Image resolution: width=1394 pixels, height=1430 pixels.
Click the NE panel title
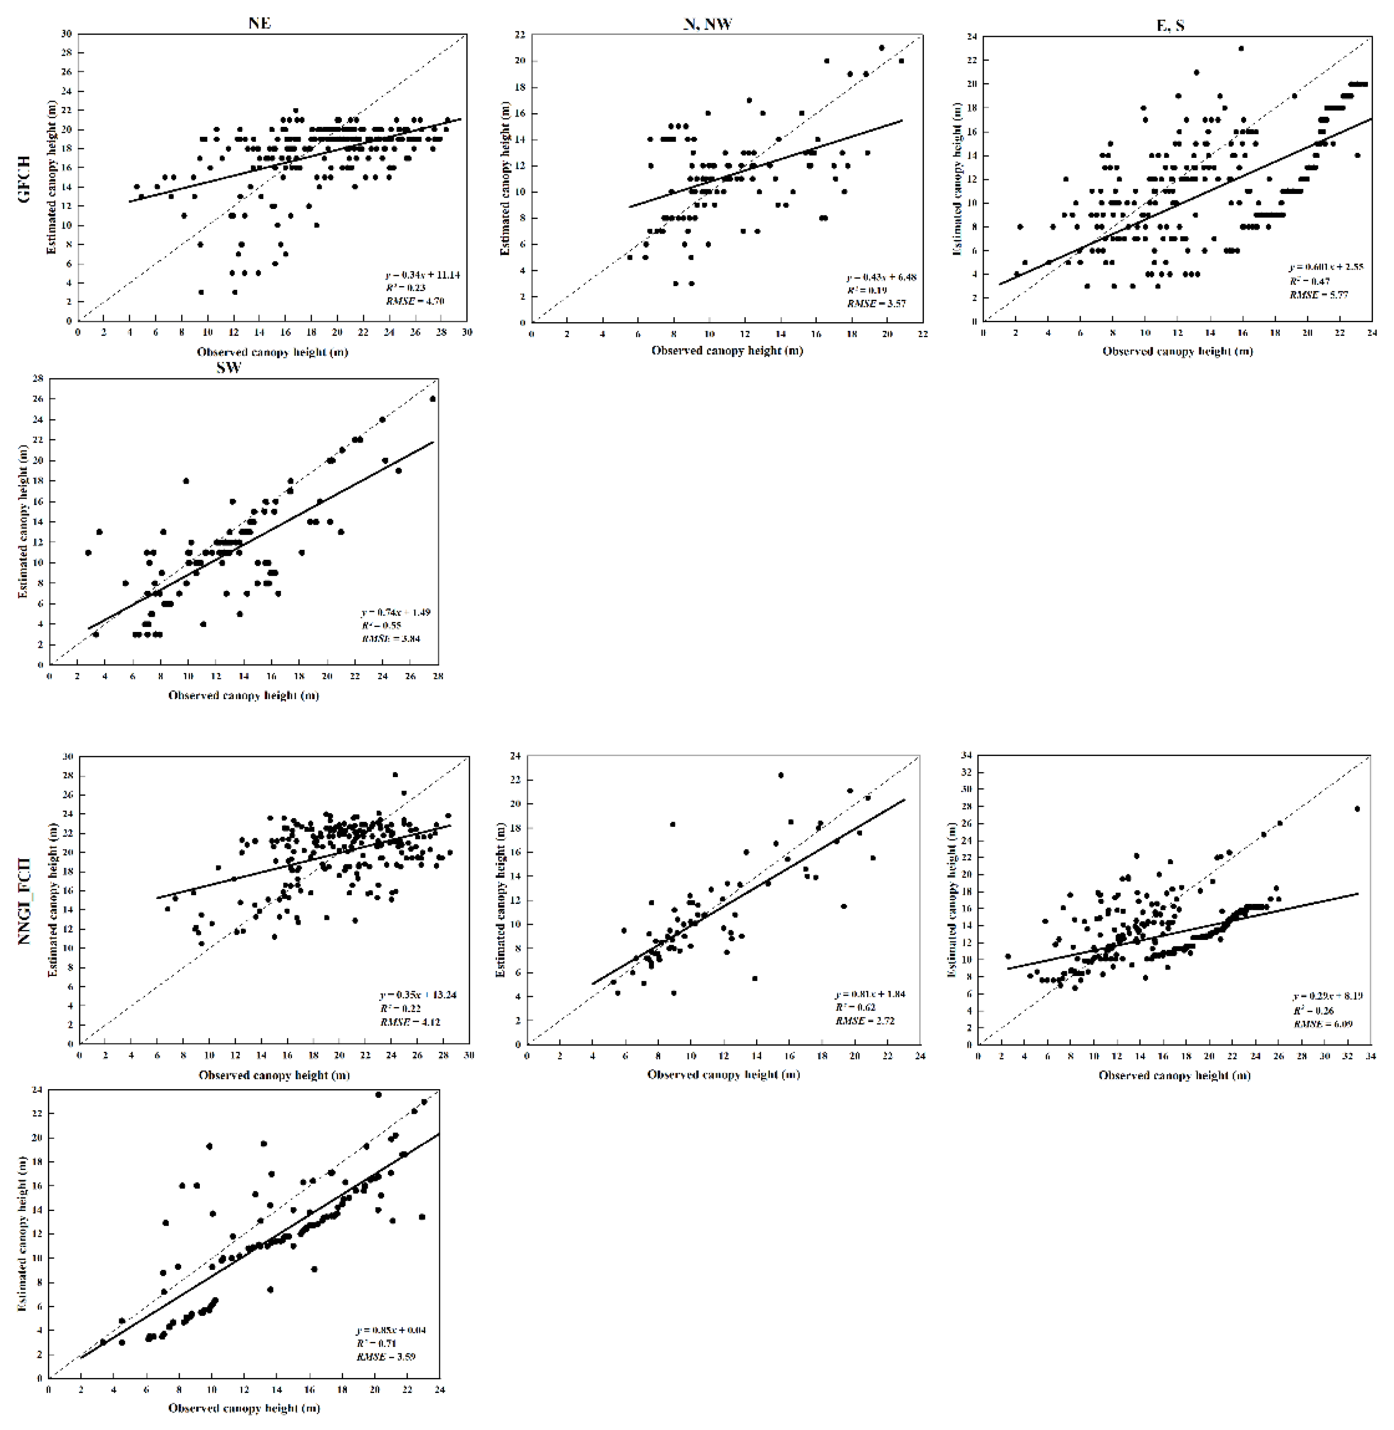coord(259,23)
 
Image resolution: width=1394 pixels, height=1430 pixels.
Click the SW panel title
coord(229,368)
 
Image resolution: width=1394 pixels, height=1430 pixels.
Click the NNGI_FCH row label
coord(24,901)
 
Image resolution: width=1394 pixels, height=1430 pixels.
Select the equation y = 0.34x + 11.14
coord(423,275)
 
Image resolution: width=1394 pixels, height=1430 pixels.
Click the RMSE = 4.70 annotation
coord(415,300)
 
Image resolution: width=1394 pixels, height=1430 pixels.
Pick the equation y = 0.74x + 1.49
coord(395,612)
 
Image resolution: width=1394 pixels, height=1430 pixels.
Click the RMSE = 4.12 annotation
coord(410,1022)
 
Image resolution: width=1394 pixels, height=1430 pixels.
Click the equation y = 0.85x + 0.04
coord(391,1330)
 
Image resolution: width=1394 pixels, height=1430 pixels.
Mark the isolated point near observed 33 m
coord(1357,809)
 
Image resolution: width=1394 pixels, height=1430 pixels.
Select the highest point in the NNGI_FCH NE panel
coord(395,775)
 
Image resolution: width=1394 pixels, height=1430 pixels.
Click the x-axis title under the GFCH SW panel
coord(244,695)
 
